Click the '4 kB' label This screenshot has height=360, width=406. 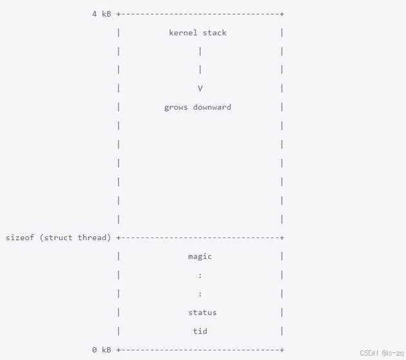(x=101, y=14)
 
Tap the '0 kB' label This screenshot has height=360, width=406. (x=101, y=350)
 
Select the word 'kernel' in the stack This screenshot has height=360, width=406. (x=183, y=32)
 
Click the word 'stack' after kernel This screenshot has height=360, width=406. (x=215, y=32)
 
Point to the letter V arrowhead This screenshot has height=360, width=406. (x=200, y=88)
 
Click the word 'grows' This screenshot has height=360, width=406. (x=176, y=107)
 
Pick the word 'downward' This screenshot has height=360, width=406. (x=212, y=107)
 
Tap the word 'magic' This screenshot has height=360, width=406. (x=200, y=256)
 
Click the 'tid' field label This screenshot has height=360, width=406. (x=200, y=331)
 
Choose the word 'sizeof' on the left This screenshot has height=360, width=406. (x=20, y=237)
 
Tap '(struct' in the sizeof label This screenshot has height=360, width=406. (x=57, y=237)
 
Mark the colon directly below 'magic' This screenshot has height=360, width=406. (x=200, y=275)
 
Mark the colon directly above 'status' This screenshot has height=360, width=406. (x=200, y=294)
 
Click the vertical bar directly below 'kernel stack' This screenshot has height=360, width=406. (x=200, y=51)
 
